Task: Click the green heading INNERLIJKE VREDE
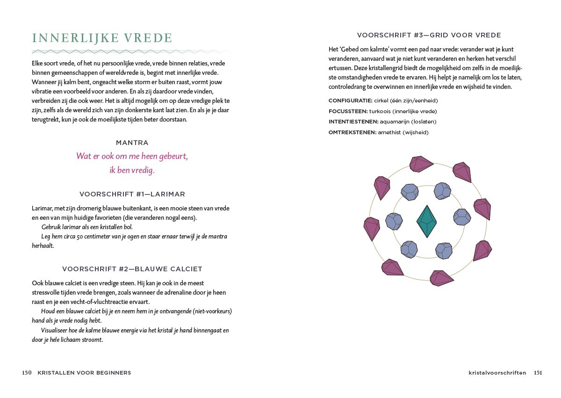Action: tap(102, 38)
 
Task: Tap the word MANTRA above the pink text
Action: tap(132, 143)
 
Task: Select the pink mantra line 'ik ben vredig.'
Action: tap(132, 170)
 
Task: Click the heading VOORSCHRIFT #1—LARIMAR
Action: tap(132, 194)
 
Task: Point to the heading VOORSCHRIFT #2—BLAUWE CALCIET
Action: tap(132, 269)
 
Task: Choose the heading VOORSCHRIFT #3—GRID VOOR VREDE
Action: tap(429, 35)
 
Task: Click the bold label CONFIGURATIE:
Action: tap(350, 101)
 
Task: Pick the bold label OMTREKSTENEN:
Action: tap(352, 132)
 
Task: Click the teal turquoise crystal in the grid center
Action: tap(426, 221)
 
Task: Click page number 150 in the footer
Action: tap(27, 373)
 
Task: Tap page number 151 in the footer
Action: tap(538, 373)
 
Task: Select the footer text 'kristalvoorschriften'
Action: tap(497, 373)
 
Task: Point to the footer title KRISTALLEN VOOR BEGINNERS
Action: tap(84, 373)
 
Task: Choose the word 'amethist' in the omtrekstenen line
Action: tap(390, 132)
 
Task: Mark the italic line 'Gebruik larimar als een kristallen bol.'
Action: tap(87, 227)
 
